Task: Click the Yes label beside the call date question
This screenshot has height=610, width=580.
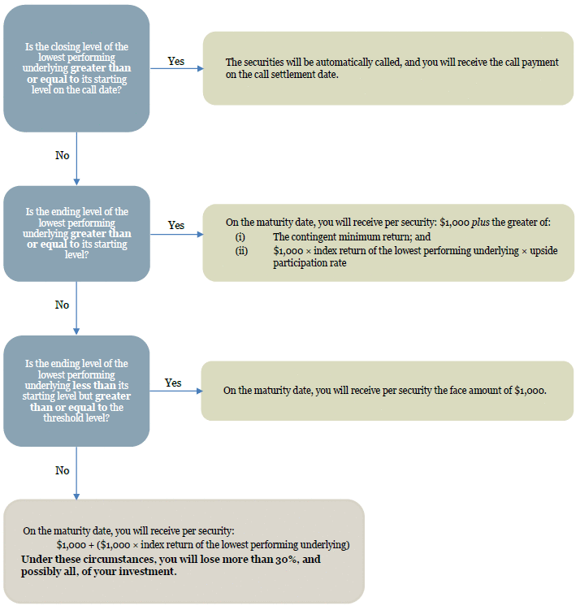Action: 175,61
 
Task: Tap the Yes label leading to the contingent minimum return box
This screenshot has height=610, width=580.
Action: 175,225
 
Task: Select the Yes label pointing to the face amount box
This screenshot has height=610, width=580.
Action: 173,383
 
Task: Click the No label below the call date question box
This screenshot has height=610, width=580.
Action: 63,155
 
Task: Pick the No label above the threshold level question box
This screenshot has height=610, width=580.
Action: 63,305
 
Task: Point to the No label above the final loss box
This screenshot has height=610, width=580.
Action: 63,470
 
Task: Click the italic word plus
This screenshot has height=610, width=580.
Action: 480,223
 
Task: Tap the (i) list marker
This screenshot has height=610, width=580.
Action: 240,237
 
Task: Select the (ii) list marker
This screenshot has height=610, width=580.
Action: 241,251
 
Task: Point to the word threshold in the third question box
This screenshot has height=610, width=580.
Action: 61,417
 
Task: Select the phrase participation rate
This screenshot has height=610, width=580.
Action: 309,263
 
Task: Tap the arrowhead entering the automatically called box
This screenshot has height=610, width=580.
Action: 201,68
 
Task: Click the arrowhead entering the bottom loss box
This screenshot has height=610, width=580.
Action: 76,496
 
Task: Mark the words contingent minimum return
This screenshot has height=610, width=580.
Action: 352,237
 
